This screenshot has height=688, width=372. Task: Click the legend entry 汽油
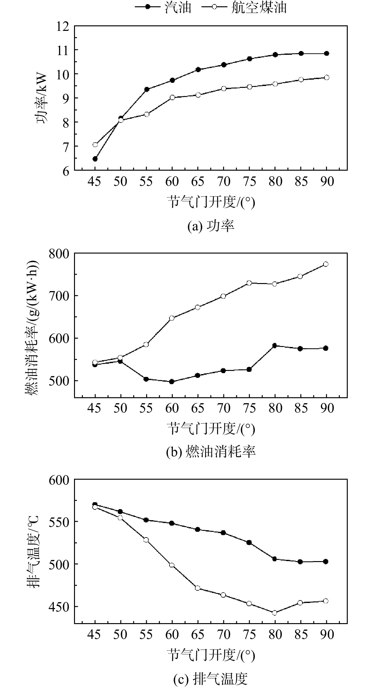[x=178, y=8]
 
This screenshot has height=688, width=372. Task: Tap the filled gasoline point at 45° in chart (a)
[x=95, y=159]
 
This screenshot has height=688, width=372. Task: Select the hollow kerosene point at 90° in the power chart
[x=327, y=77]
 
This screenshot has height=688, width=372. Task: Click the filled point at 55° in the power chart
[x=146, y=89]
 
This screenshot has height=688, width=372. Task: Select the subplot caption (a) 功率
[x=211, y=226]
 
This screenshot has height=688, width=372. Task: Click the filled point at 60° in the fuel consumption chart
[x=172, y=382]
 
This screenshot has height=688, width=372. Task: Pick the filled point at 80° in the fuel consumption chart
[x=274, y=346]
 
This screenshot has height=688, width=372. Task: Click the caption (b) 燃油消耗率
[x=211, y=452]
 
